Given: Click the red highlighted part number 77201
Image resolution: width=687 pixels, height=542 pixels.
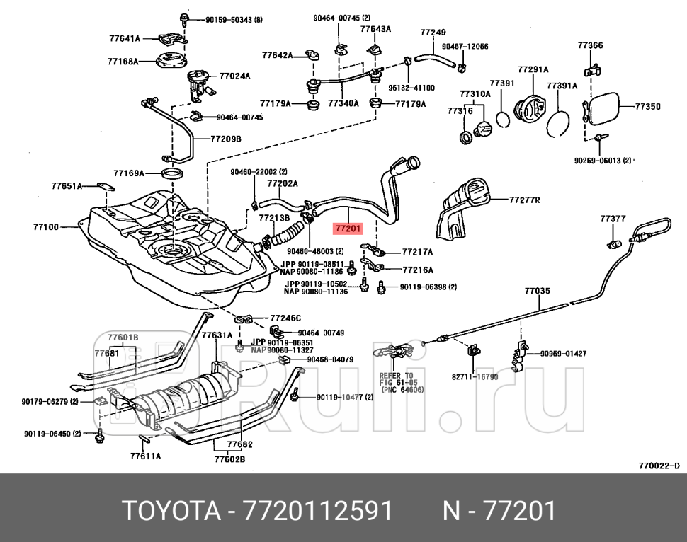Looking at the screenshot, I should (348, 229).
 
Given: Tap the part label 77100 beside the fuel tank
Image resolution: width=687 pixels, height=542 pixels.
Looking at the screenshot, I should (46, 227).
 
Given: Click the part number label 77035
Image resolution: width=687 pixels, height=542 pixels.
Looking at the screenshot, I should (537, 290).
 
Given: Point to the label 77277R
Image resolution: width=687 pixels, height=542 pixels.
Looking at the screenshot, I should (524, 200).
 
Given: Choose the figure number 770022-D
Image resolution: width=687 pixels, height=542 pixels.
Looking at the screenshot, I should (658, 465).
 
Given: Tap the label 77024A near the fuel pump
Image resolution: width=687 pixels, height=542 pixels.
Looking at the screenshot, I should (234, 75).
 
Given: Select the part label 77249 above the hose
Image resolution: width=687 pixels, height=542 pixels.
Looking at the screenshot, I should (433, 32).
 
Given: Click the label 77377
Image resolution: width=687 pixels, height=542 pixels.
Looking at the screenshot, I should (613, 219).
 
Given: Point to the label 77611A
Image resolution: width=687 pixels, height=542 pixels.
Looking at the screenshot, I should (145, 456).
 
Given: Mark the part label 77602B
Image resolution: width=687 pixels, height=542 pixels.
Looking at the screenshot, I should (229, 459).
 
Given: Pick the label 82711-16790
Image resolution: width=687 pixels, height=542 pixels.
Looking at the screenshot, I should (475, 376).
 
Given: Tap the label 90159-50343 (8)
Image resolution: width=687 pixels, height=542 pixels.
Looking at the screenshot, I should (234, 20).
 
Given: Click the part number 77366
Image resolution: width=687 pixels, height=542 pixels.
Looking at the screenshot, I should (590, 45).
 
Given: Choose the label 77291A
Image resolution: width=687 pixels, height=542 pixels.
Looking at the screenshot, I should (533, 69).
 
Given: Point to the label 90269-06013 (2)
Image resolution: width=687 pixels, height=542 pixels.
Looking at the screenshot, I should (602, 161).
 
